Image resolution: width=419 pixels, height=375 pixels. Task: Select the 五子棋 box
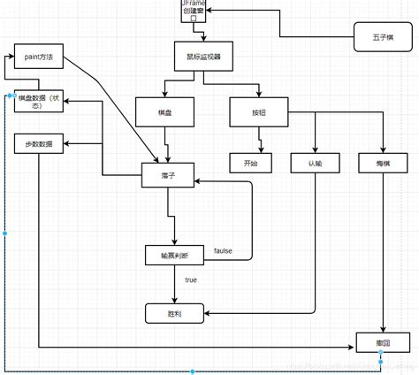(377, 40)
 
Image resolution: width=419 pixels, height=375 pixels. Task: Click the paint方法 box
(39, 57)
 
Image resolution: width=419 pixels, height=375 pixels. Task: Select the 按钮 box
(257, 113)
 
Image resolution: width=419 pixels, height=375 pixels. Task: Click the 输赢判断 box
(174, 255)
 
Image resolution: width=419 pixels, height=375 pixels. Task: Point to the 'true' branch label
(190, 279)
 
